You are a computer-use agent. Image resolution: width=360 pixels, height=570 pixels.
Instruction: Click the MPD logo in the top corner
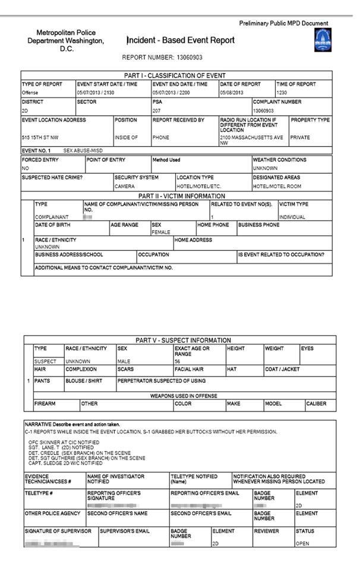[x=322, y=40]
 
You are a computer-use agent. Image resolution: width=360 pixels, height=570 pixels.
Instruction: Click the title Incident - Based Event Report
[x=181, y=40]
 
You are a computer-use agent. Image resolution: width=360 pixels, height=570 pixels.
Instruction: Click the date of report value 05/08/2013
[x=231, y=93]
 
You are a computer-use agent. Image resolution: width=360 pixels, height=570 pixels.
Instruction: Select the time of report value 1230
[x=282, y=93]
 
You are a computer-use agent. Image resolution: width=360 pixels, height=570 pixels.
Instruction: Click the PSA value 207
[x=156, y=110]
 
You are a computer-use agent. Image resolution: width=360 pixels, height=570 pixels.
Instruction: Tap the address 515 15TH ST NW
[x=40, y=137]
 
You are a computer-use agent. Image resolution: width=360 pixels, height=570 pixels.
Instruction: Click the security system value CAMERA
[x=125, y=186]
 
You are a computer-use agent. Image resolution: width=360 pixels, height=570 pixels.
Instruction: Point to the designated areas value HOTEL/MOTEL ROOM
[x=276, y=186]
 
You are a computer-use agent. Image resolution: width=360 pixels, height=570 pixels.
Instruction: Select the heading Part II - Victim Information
[x=181, y=196]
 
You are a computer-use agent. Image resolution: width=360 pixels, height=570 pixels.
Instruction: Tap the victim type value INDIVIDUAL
[x=292, y=217]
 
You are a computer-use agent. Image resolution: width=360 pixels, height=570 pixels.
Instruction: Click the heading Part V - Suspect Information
[x=183, y=340]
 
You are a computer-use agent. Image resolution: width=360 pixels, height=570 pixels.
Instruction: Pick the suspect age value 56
[x=177, y=361]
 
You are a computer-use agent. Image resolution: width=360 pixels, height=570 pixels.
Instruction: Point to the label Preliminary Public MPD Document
[x=283, y=23]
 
